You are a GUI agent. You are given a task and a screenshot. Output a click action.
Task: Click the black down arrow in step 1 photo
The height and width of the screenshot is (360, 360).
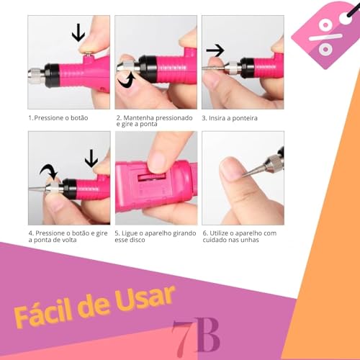pos(78,33)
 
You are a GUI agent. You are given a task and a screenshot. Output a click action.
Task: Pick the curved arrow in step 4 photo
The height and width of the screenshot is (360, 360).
pos(49,172)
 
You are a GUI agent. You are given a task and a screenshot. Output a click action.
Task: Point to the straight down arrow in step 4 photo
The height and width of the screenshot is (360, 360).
pos(91,158)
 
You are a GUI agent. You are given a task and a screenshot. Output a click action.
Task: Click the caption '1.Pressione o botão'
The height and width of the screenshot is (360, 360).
pos(58,117)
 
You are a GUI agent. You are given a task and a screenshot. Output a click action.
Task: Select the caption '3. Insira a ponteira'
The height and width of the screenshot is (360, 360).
pos(230,117)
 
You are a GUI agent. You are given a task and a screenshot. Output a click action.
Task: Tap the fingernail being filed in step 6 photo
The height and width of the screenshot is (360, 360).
pos(229,170)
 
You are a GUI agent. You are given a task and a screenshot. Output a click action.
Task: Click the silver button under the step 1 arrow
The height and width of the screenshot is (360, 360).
pos(87,51)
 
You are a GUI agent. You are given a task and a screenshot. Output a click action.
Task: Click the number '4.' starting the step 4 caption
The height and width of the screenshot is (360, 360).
pos(31,233)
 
